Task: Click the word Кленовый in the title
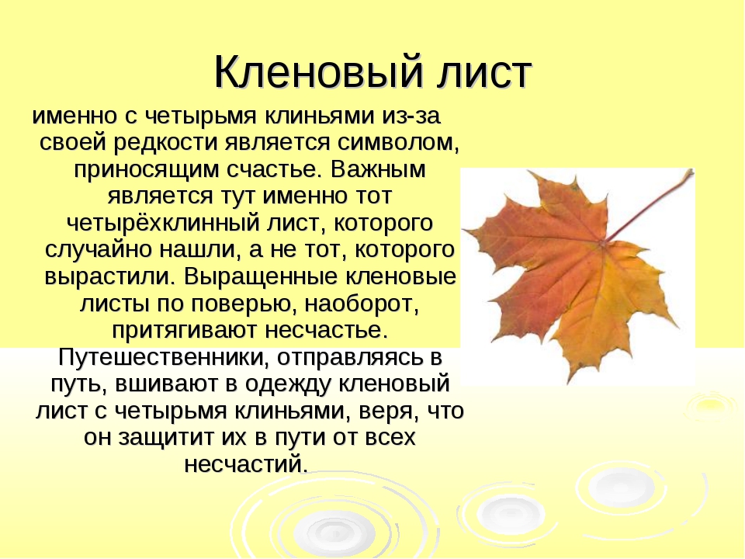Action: coord(319,72)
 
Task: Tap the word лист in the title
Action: coord(484,73)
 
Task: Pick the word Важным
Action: coord(378,169)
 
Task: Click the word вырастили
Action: coord(108,276)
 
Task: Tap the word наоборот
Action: coord(362,304)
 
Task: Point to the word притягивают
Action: coord(185,331)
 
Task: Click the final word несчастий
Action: coord(246,464)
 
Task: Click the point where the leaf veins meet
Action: coord(602,243)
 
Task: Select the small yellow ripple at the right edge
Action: coord(712,405)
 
